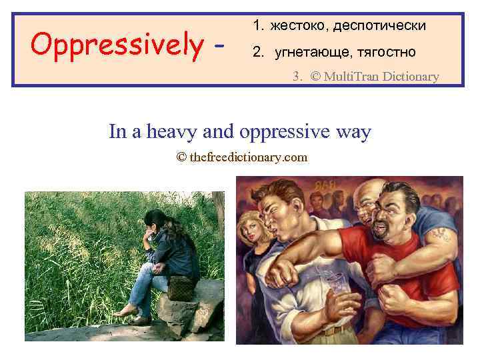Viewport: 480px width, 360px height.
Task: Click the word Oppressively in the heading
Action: tap(117, 45)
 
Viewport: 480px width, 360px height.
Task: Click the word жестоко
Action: tap(298, 26)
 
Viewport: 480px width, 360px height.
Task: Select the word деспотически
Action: tap(379, 26)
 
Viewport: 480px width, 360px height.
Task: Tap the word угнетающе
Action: tap(309, 52)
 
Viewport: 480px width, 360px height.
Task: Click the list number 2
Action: tap(257, 52)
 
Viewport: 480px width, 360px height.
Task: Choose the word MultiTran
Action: tap(351, 77)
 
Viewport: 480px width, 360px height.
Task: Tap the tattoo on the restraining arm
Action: tap(439, 233)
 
